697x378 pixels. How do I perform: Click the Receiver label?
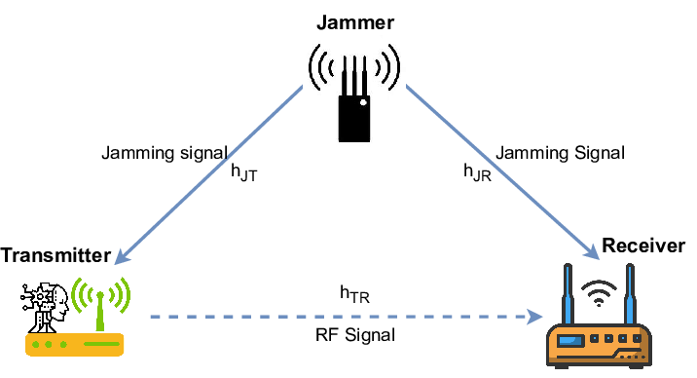pos(643,245)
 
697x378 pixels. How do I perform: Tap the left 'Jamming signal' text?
pos(165,153)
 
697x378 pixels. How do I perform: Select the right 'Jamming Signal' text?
pos(560,153)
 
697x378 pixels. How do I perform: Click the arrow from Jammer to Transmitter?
pos(209,175)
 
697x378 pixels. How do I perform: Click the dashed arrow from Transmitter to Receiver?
pos(341,317)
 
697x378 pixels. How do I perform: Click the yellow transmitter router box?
pos(73,343)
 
